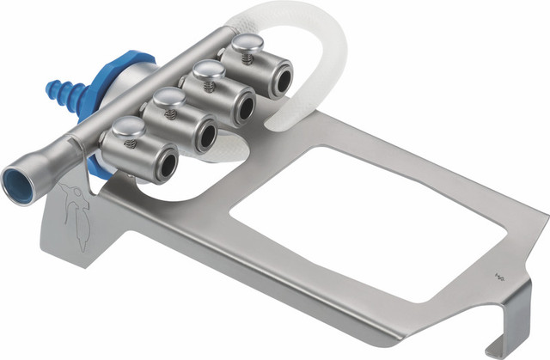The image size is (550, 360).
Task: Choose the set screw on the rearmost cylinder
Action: coord(248,62)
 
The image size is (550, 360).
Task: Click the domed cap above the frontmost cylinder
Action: coord(123,128)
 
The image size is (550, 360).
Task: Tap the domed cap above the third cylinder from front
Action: coord(204,71)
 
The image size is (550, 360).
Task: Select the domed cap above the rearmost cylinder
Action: coord(241,48)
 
